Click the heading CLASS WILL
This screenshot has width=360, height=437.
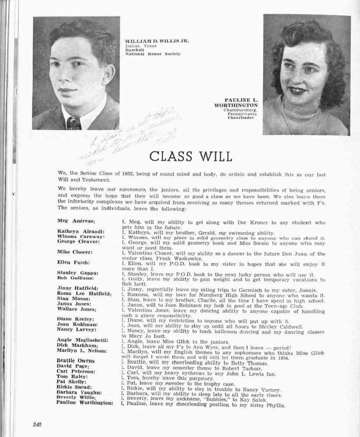pyautogui.click(x=191, y=156)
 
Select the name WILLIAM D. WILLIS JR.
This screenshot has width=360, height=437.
pyautogui.click(x=157, y=41)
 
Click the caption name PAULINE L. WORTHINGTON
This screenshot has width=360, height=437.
pyautogui.click(x=236, y=102)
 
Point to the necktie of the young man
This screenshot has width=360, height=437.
pyautogui.click(x=73, y=123)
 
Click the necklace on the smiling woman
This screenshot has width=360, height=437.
pyautogui.click(x=302, y=118)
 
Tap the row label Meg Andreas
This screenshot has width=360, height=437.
pyautogui.click(x=77, y=222)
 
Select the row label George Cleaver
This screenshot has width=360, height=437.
pyautogui.click(x=78, y=242)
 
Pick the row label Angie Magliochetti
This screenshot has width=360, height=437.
pyautogui.click(x=82, y=340)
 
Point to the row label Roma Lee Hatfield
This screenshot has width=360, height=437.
pyautogui.click(x=84, y=294)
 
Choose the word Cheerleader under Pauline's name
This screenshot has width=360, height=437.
pyautogui.click(x=241, y=118)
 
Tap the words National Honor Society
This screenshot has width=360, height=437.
pyautogui.click(x=153, y=54)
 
